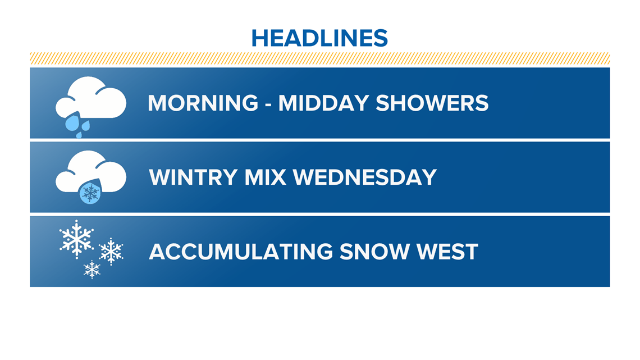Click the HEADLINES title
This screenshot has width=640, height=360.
pos(319,38)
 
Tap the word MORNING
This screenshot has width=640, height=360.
pos(203,103)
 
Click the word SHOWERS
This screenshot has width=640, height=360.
pos(432,103)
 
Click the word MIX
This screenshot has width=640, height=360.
pos(266,177)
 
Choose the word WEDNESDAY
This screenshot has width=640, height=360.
pos(365,177)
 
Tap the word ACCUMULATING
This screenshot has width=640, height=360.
pos(241,252)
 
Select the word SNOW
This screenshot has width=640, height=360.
pos(374,252)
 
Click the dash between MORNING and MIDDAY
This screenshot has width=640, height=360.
pos(268,104)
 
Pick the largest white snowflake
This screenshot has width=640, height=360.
pos(76,239)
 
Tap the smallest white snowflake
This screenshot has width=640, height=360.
pos(92,270)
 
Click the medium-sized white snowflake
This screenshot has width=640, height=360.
pos(111,252)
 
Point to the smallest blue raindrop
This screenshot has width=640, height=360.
pos(79,135)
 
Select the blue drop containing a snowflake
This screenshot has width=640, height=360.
pos(90,192)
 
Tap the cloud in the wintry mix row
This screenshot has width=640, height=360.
pos(90,171)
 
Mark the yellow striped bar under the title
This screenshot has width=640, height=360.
pos(319,58)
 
